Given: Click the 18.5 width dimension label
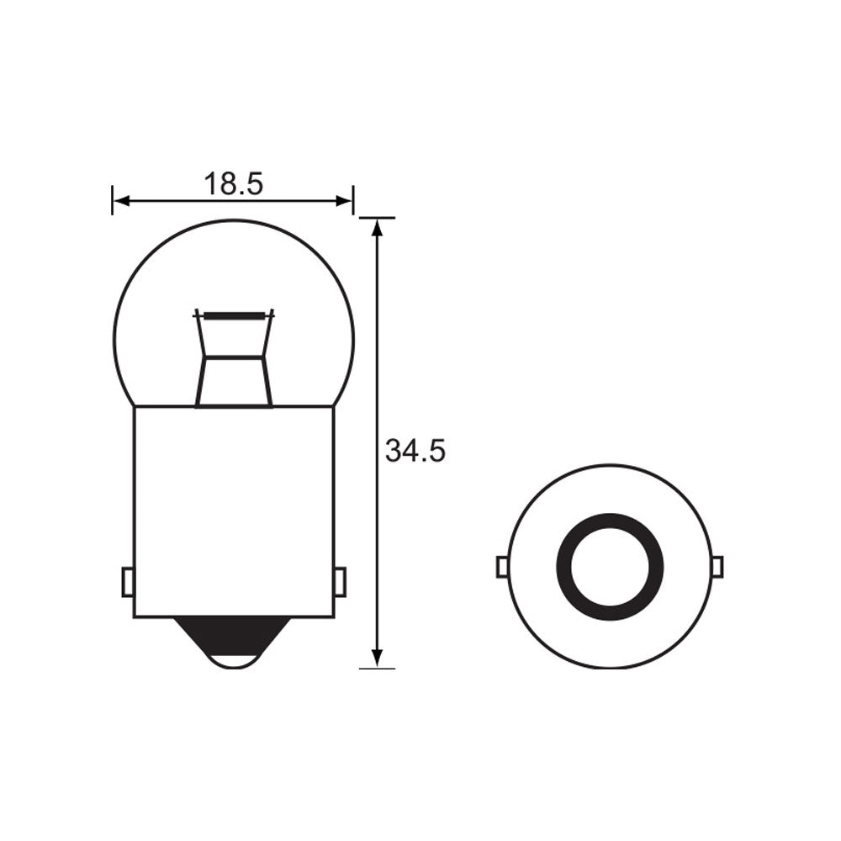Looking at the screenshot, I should (233, 184).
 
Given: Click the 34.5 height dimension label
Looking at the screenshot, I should (415, 452).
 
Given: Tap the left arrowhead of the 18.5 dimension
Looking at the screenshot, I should (121, 200).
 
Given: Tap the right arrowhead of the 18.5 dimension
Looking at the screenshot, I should (344, 200).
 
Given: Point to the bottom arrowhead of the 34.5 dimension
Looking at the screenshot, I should (378, 658).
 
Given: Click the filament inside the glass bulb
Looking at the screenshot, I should (234, 315).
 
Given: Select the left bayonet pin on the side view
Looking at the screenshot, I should (128, 582).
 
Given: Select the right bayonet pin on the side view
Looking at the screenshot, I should (340, 582).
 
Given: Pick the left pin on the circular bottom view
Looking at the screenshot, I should (502, 568).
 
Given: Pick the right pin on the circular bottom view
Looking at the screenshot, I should (717, 568).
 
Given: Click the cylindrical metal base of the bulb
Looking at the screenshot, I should (234, 505).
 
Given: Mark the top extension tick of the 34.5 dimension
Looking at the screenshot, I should (377, 218).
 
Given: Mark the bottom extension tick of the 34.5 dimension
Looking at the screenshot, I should (377, 669).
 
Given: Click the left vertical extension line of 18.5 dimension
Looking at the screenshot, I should (112, 200).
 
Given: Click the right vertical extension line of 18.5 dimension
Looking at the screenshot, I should (353, 200).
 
